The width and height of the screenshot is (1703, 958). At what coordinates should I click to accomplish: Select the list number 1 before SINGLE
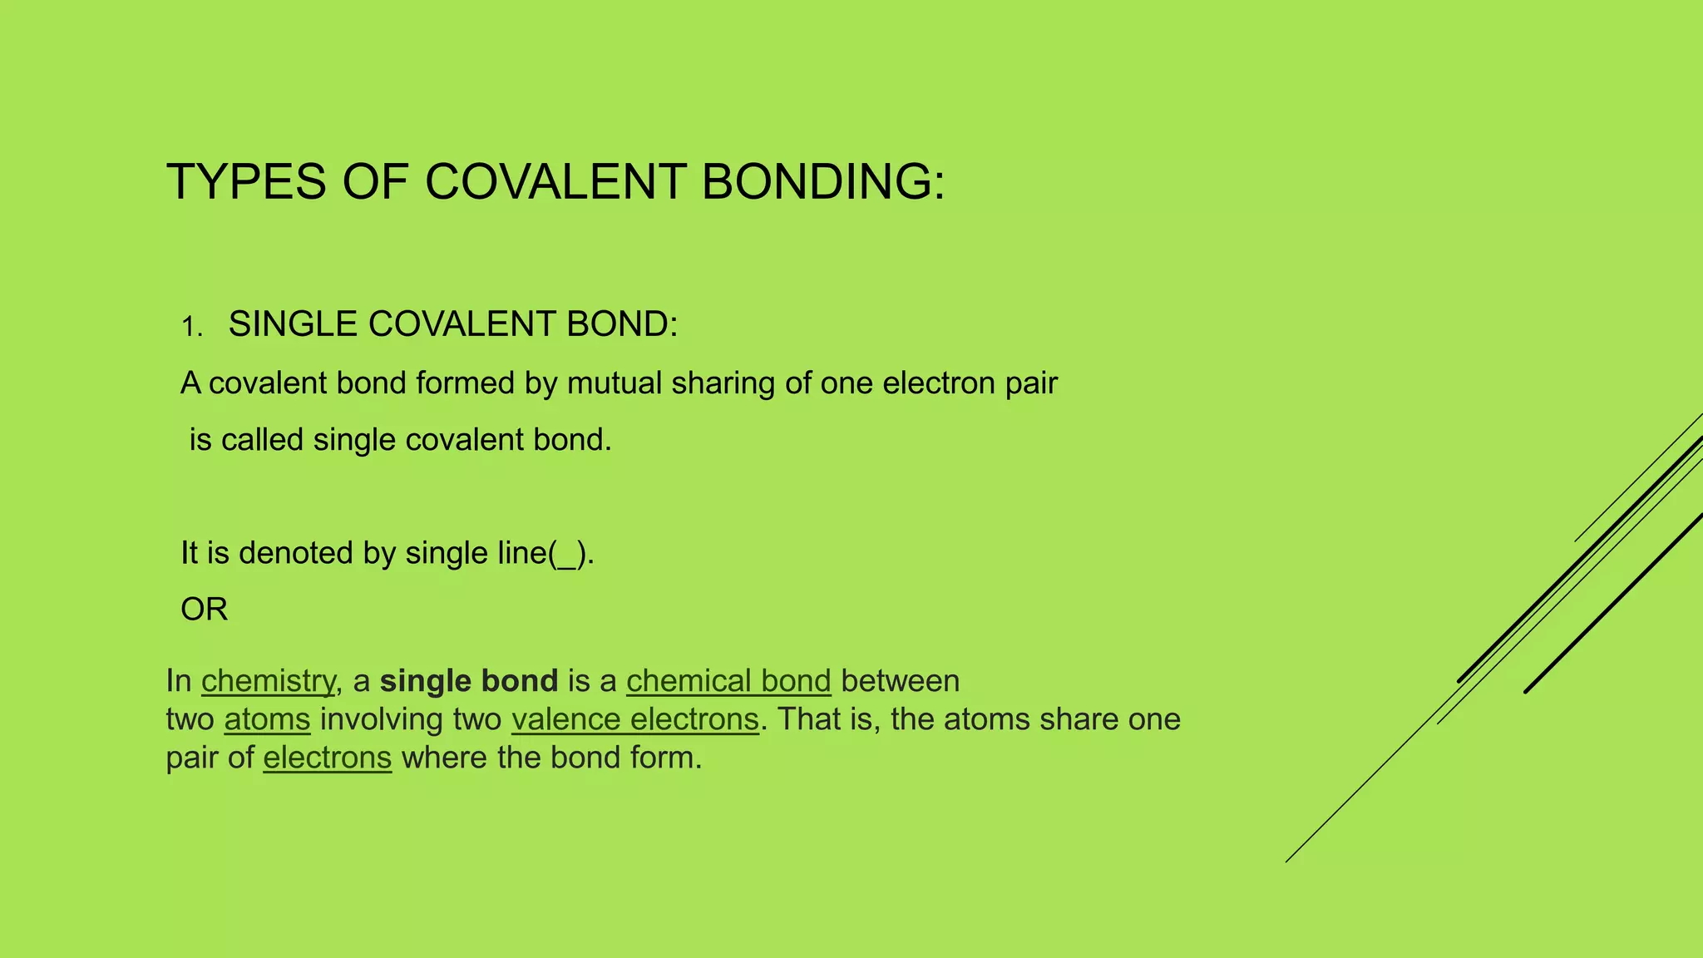click(190, 327)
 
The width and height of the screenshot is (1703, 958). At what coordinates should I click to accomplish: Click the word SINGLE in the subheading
click(293, 324)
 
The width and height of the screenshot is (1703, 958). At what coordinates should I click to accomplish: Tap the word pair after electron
click(1031, 384)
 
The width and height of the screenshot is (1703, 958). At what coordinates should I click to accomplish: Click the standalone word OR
click(204, 610)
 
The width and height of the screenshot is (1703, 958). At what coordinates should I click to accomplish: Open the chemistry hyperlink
click(268, 681)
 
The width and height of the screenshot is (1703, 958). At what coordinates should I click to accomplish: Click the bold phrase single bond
click(468, 681)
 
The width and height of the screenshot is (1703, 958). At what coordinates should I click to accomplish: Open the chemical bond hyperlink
click(728, 681)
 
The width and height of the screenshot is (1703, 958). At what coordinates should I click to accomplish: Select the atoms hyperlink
click(267, 719)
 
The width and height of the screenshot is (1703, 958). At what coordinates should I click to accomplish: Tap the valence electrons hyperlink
click(635, 719)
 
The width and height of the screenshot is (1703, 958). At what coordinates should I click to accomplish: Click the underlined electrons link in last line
click(327, 758)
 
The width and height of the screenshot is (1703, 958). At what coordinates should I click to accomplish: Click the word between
click(900, 681)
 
